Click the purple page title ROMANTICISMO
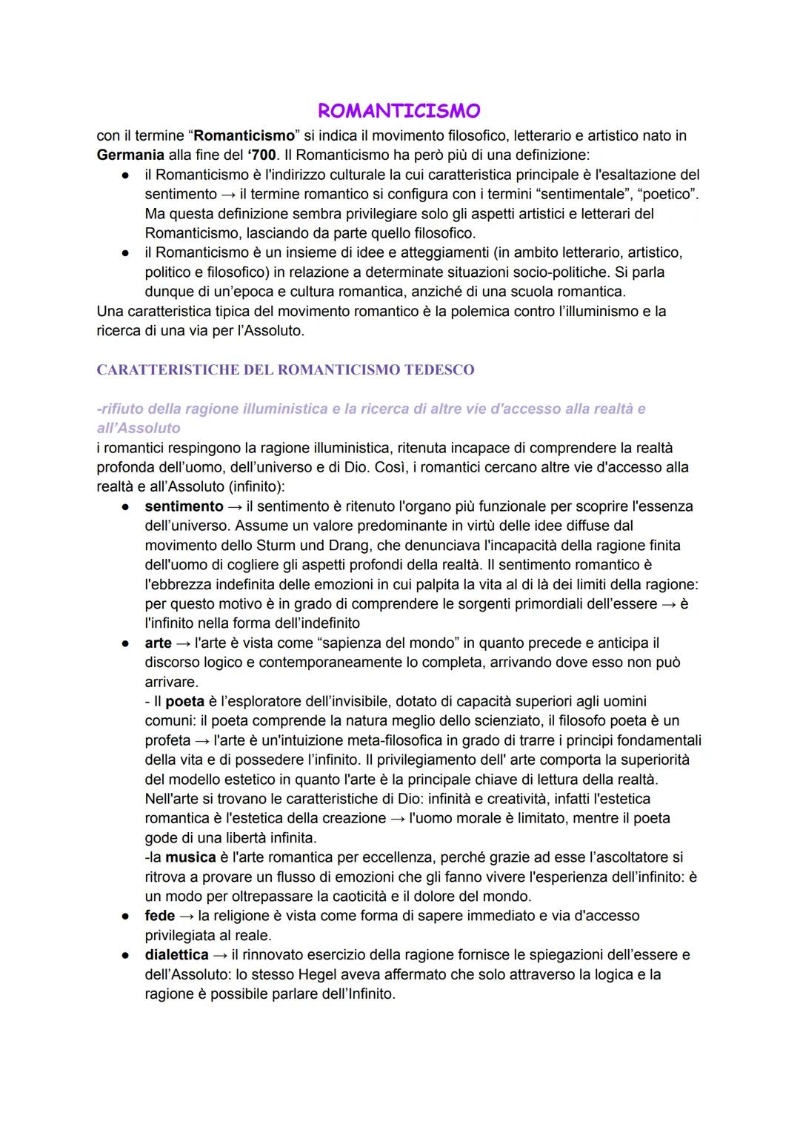pos(399,111)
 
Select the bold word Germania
pos(130,155)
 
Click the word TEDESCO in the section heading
pos(439,369)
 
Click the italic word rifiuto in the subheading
pos(122,409)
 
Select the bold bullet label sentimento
pos(184,506)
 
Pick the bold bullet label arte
pos(158,643)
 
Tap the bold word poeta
pos(184,701)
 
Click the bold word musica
pos(190,857)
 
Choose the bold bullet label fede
pos(159,916)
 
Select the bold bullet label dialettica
pos(176,955)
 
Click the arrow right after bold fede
pos(187,916)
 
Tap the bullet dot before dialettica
pos(127,955)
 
